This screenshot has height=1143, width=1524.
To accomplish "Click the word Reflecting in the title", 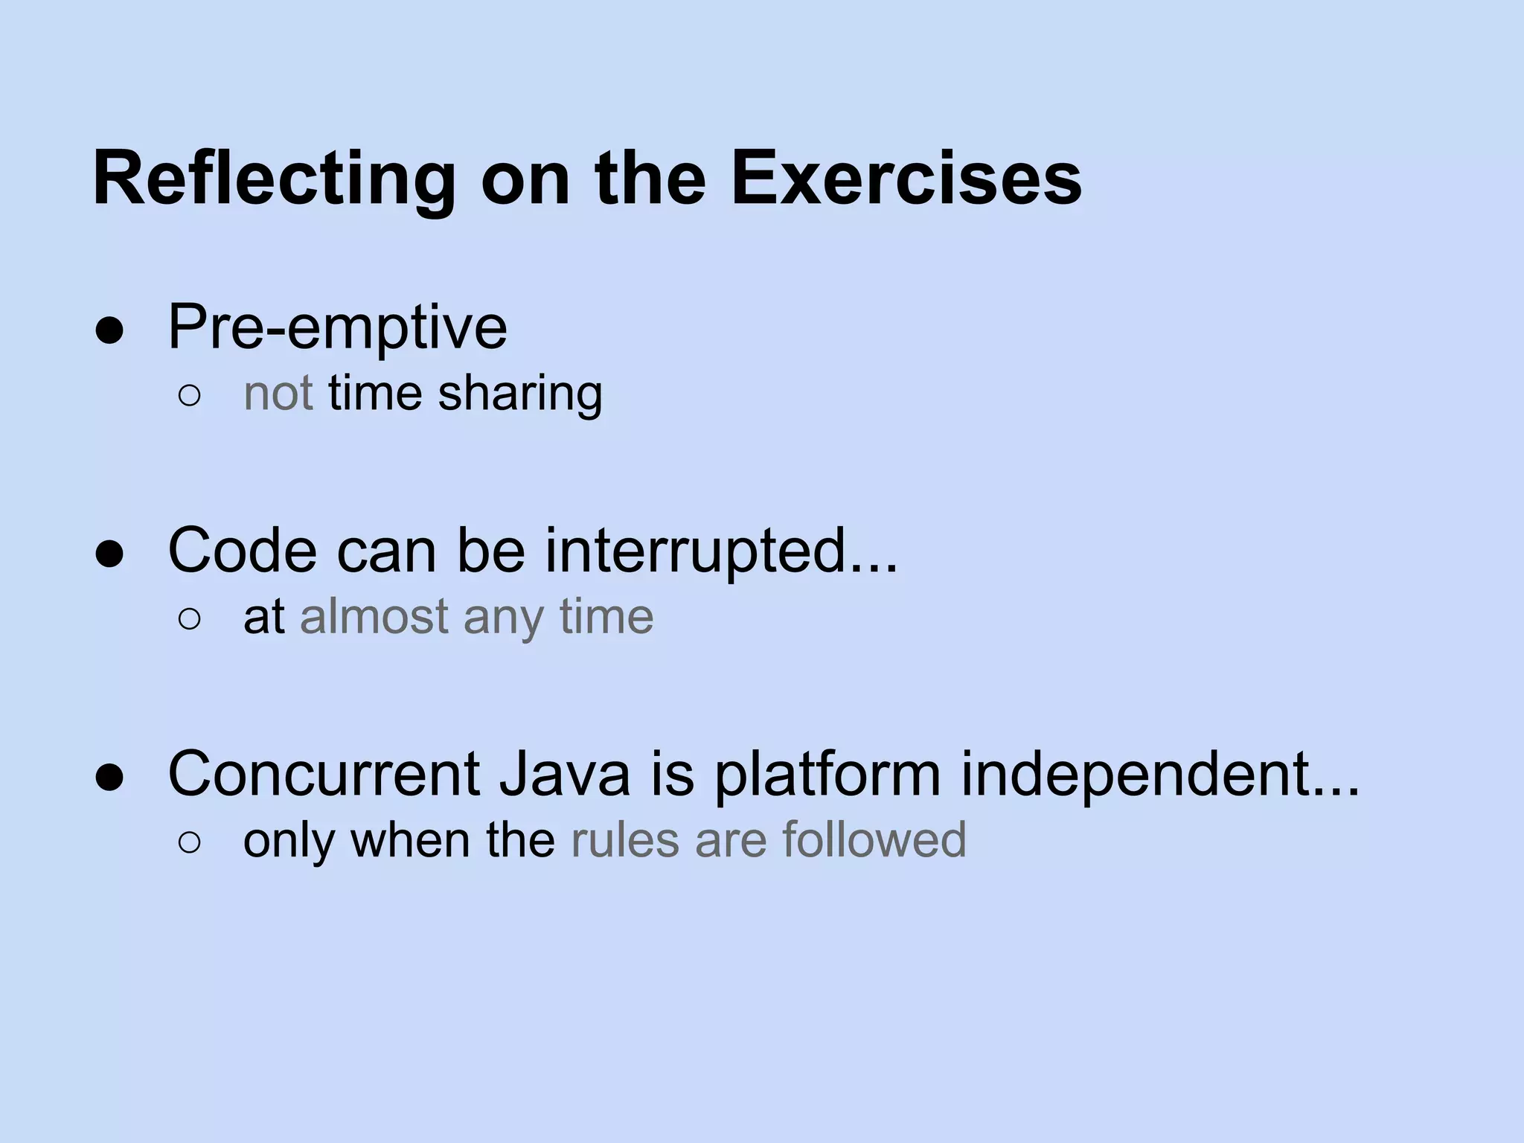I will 273,180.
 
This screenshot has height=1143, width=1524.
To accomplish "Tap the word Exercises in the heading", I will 906,179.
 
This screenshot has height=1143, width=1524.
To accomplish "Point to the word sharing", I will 520,394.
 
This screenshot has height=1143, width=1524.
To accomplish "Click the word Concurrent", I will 324,774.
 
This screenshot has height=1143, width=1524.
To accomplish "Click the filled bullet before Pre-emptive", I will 109,330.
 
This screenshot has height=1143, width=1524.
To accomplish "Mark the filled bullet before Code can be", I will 109,554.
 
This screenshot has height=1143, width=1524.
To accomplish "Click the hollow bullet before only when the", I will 189,843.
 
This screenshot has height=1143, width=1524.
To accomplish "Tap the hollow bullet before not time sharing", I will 189,397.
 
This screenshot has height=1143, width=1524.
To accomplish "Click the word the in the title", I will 650,179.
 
